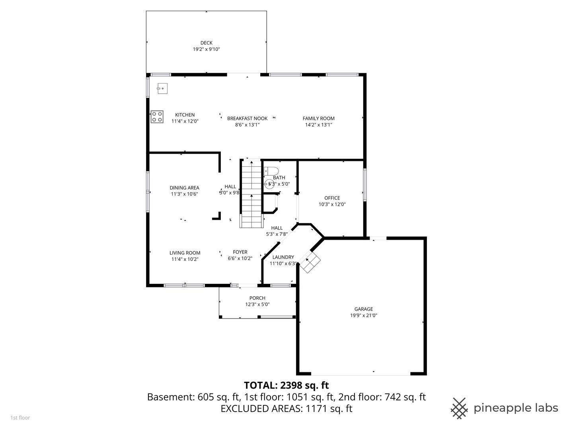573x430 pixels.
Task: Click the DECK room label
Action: pyautogui.click(x=206, y=43)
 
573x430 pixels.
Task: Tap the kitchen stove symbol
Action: pyautogui.click(x=157, y=116)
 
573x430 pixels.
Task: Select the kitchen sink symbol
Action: pyautogui.click(x=162, y=88)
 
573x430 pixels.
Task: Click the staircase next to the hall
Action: pyautogui.click(x=251, y=193)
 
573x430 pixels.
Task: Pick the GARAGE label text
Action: pyautogui.click(x=364, y=309)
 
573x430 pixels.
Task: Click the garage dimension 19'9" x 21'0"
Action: pyautogui.click(x=364, y=315)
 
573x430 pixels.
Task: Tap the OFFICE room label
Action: pyautogui.click(x=332, y=198)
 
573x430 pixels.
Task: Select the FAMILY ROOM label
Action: pyautogui.click(x=318, y=118)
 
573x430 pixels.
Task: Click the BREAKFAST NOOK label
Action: pyautogui.click(x=247, y=118)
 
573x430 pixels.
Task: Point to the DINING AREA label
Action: pyautogui.click(x=184, y=188)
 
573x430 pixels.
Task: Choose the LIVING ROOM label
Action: pyautogui.click(x=185, y=253)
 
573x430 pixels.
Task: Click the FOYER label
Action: pyautogui.click(x=240, y=252)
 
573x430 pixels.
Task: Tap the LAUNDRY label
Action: pyautogui.click(x=283, y=257)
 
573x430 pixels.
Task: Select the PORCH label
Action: pyautogui.click(x=257, y=298)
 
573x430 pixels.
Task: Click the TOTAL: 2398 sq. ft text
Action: pyautogui.click(x=286, y=385)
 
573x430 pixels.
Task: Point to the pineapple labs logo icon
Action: pyautogui.click(x=459, y=408)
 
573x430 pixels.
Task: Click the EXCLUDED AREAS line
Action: pyautogui.click(x=286, y=408)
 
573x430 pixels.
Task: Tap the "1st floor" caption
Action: pyautogui.click(x=20, y=418)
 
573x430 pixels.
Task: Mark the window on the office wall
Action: pyautogui.click(x=364, y=185)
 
